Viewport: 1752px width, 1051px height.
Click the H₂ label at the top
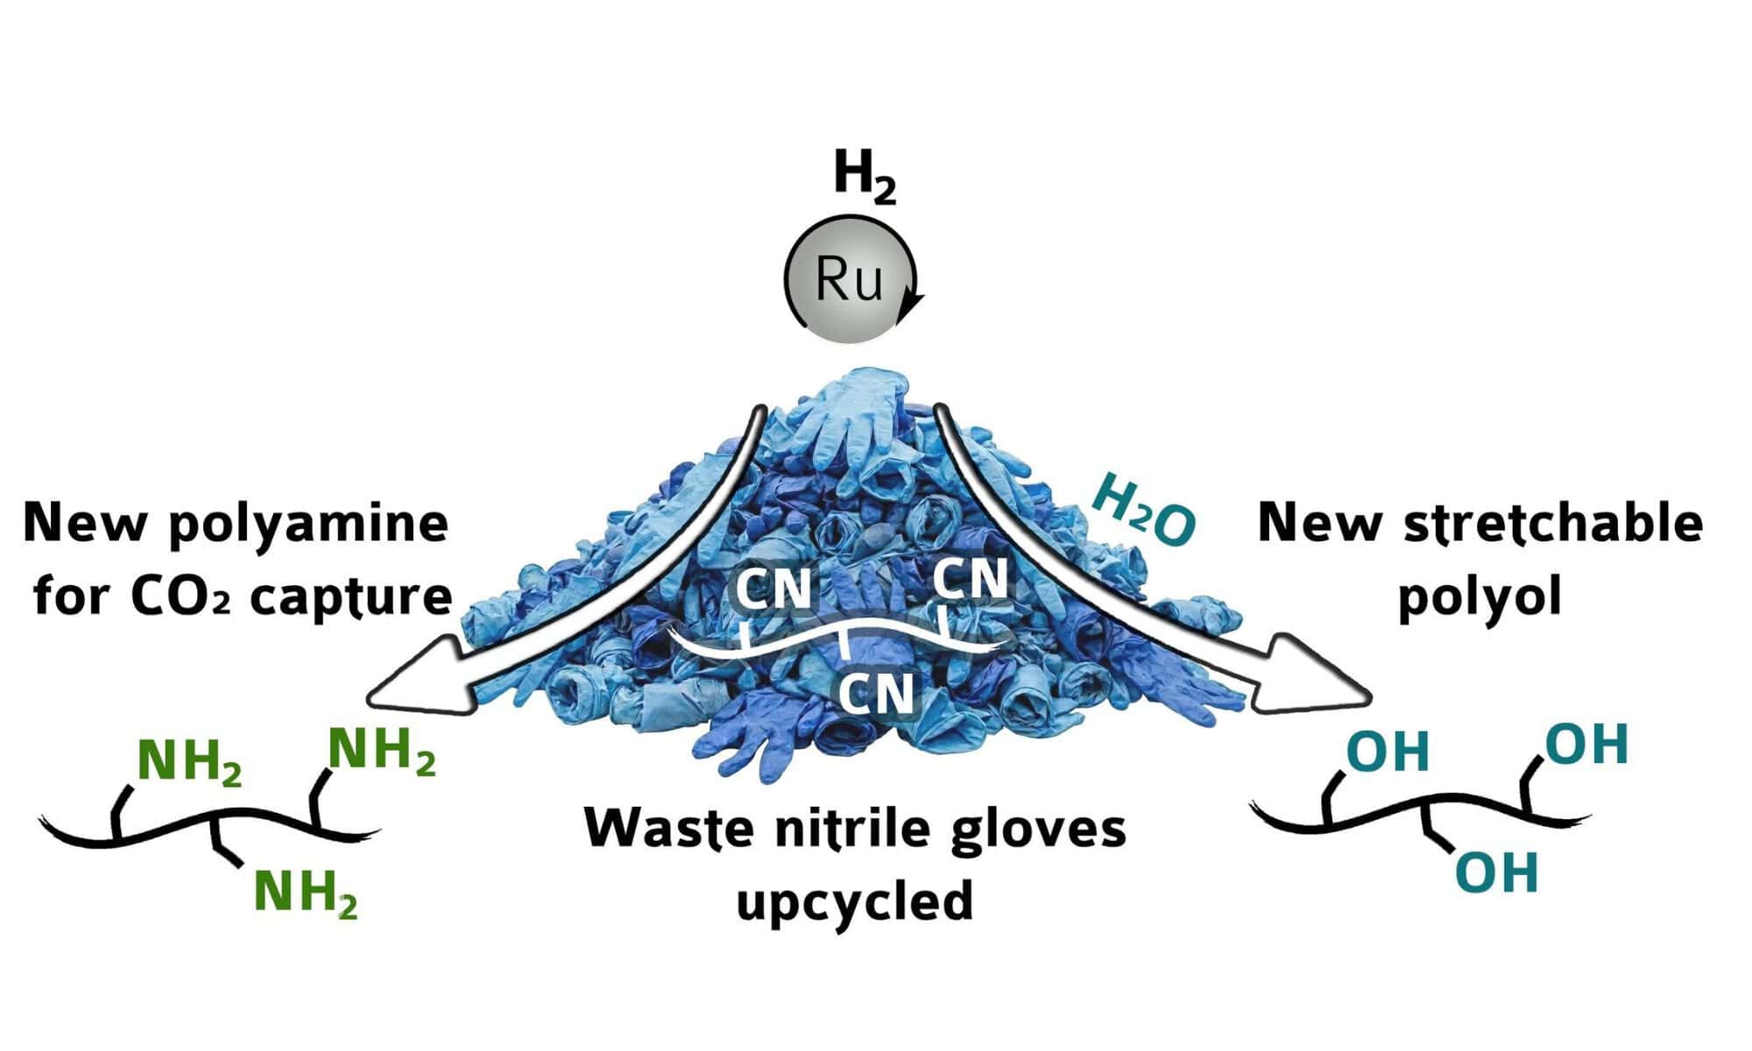(865, 178)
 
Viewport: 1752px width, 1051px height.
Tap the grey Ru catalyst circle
(849, 279)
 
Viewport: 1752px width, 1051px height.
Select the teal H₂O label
(1144, 511)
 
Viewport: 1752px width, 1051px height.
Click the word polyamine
(307, 523)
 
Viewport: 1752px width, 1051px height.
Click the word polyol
(1480, 597)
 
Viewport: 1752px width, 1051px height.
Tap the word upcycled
(855, 900)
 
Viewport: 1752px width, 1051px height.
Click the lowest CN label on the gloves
(876, 694)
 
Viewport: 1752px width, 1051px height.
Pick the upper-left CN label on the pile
(774, 588)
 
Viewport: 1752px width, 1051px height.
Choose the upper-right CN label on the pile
(971, 578)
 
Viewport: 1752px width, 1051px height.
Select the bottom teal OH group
(1497, 873)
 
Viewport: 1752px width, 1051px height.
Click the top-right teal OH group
(1586, 745)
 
